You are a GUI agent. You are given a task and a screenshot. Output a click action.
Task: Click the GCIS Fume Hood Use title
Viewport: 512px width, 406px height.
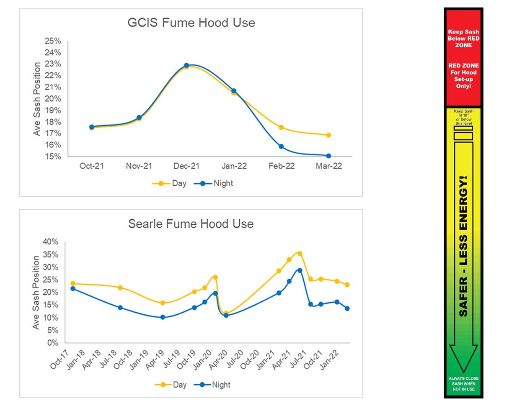pos(191,23)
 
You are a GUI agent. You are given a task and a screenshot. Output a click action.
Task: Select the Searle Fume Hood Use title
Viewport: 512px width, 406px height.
pos(191,224)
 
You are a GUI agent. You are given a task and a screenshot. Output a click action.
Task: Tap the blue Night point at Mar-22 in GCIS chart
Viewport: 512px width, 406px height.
pos(328,156)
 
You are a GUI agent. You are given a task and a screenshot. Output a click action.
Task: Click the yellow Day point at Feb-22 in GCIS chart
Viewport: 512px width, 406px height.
pos(281,127)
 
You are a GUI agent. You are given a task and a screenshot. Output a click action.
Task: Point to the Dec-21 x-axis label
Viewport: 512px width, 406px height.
pos(186,166)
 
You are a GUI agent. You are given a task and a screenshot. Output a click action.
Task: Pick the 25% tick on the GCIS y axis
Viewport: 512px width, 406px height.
pos(53,41)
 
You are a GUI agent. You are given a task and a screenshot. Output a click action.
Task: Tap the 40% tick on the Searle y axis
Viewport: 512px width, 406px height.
pos(50,242)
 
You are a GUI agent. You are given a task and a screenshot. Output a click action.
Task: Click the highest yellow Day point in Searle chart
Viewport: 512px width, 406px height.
pos(300,253)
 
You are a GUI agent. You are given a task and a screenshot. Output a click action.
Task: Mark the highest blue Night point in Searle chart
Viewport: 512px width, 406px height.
pos(300,270)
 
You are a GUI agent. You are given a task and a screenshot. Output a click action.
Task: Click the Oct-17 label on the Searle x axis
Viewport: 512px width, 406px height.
pos(58,359)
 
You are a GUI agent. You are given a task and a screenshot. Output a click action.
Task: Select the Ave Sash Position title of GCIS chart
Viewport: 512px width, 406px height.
pos(37,99)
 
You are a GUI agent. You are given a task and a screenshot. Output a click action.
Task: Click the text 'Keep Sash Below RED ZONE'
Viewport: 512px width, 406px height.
pos(463,39)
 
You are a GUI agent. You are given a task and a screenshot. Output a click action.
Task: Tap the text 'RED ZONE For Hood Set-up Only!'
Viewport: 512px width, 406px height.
pos(463,76)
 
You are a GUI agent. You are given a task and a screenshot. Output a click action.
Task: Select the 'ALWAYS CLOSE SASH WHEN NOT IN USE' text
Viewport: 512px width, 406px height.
pos(463,384)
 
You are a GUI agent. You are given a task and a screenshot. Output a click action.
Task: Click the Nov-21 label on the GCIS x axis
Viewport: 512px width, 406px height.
pos(139,166)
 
